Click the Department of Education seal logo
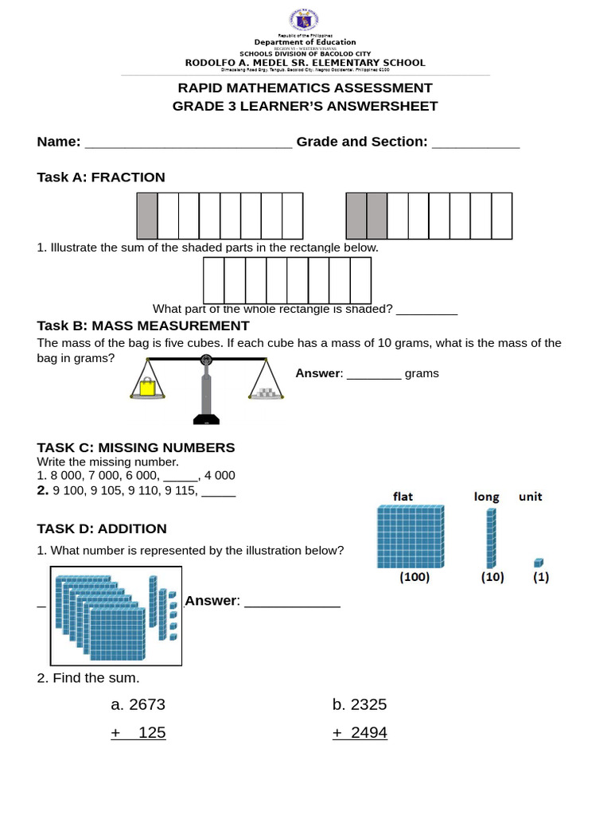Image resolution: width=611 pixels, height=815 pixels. coord(305,22)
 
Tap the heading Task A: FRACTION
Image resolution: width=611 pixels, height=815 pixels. coord(101,177)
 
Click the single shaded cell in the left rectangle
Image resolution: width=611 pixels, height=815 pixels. coord(147,216)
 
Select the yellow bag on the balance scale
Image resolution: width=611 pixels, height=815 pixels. coord(147,388)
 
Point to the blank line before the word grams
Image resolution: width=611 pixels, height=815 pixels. coord(374,375)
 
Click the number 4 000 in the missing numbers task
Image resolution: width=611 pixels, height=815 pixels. coord(220,476)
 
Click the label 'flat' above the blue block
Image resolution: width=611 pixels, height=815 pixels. coord(403,497)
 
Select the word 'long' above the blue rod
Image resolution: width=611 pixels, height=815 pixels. coord(486,497)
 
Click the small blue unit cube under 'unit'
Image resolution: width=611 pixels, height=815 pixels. coord(539,563)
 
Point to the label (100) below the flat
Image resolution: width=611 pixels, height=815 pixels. coord(414,578)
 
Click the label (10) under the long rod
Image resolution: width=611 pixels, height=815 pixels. coord(492,578)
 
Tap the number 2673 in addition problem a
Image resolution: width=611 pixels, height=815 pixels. coord(147,704)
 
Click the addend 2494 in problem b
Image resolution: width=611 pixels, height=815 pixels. coord(369,732)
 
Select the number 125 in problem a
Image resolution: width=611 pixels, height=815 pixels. coord(152,732)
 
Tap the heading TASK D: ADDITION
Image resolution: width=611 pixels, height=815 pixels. coord(102,528)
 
